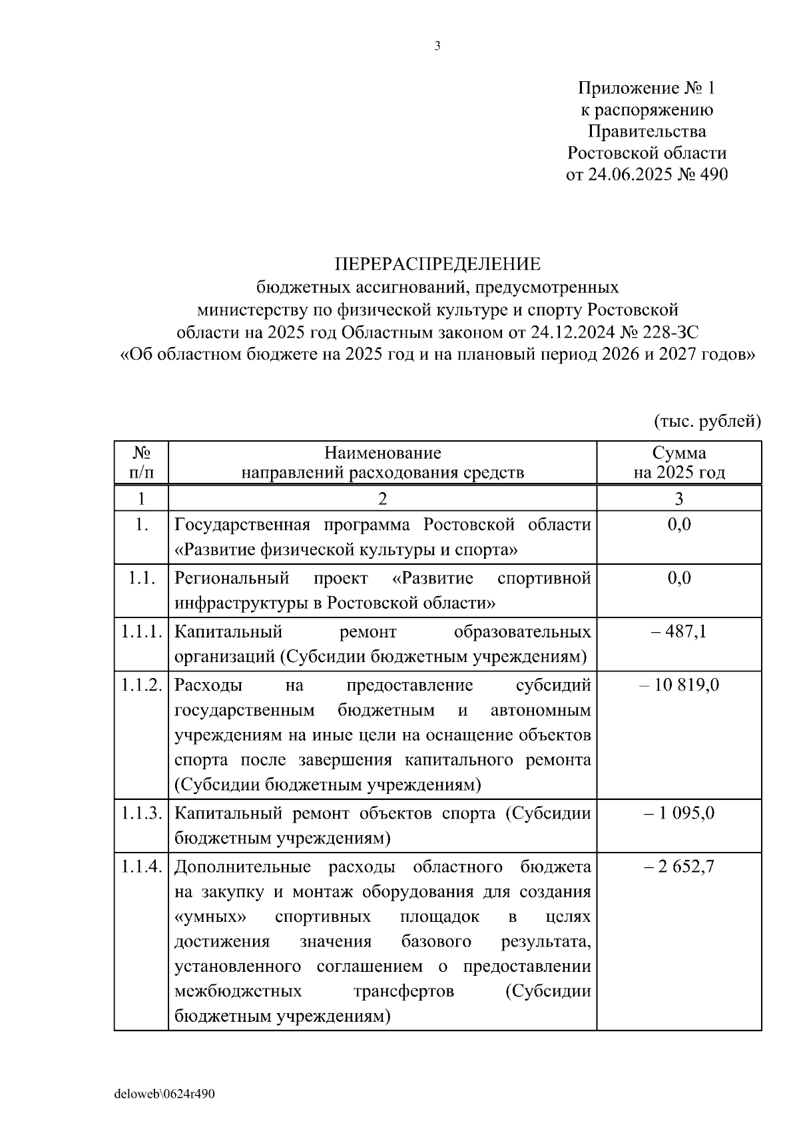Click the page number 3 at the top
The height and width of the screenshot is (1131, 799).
point(437,46)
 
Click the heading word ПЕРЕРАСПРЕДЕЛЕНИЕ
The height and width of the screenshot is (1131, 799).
point(437,264)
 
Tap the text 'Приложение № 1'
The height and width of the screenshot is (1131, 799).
point(646,88)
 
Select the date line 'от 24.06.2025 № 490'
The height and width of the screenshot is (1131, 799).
point(646,175)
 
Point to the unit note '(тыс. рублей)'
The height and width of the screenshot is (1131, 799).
point(707,420)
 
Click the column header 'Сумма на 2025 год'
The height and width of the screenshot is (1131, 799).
point(678,462)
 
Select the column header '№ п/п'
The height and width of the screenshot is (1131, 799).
point(140,462)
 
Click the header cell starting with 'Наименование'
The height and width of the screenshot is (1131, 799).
point(382,462)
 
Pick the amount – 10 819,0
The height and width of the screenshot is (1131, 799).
point(678,685)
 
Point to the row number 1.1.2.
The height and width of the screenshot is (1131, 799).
point(141,685)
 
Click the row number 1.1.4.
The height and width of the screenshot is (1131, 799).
point(141,867)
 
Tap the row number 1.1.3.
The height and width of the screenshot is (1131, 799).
point(141,813)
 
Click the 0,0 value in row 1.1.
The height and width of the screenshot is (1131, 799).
point(678,577)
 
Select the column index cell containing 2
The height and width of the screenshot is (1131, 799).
point(382,499)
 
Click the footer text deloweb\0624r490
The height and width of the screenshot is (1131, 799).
point(164,1094)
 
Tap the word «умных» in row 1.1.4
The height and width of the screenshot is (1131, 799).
point(210,917)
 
